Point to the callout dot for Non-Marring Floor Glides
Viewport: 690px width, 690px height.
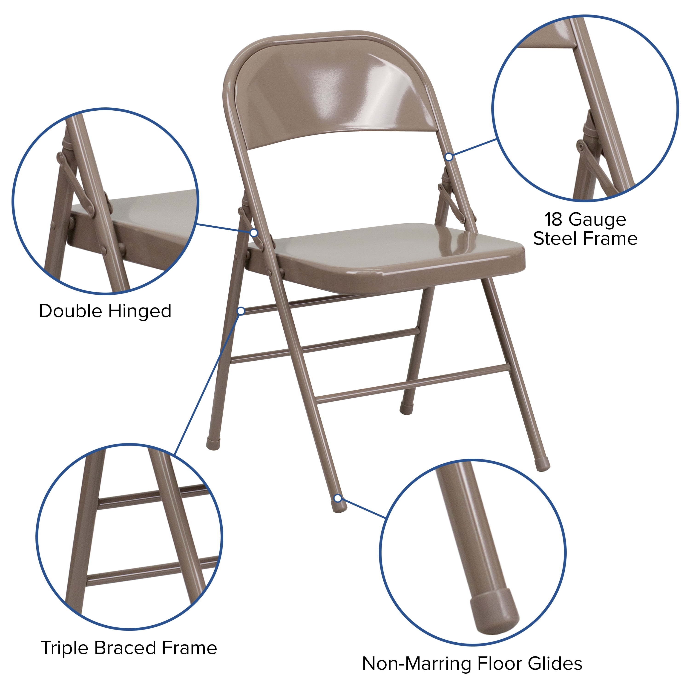pos(337,498)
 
